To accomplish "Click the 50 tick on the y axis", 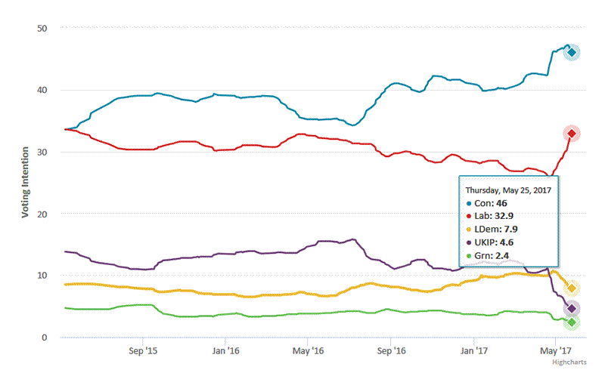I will [x=42, y=29].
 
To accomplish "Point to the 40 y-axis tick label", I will [x=42, y=91].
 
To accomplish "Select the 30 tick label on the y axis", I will [x=42, y=153].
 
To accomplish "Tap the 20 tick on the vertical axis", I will [x=42, y=214].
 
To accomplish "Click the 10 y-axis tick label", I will [x=42, y=276].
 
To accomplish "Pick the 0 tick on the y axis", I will [x=45, y=338].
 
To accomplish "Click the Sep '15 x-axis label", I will [x=143, y=351].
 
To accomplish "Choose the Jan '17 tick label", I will [x=475, y=351].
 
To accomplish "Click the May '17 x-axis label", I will [x=556, y=351].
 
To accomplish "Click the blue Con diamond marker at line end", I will [x=572, y=52].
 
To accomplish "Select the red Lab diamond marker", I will [x=572, y=134].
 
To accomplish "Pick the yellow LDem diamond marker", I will [x=572, y=288].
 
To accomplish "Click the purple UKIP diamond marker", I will [x=572, y=309].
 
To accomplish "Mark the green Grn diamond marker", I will [x=572, y=322].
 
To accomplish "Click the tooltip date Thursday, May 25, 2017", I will [x=507, y=190].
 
